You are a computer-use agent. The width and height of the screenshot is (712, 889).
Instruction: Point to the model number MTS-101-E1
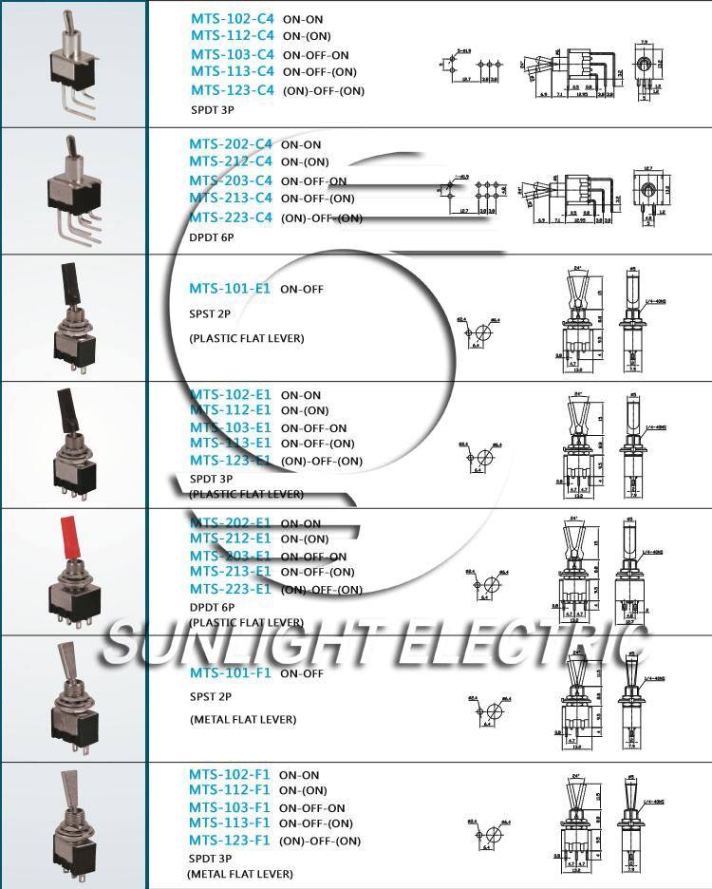pos(230,289)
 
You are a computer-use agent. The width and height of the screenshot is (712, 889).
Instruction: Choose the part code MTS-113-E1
pos(230,443)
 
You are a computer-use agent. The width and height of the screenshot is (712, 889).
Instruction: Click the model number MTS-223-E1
pos(230,589)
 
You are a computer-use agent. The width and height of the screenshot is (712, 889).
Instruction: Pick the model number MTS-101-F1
pos(230,673)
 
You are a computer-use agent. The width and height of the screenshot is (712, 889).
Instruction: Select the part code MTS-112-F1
pos(229,790)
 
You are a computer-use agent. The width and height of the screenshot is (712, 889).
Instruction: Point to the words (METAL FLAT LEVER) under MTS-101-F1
pos(242,719)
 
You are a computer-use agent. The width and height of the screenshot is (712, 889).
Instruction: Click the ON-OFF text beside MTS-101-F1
pos(301,673)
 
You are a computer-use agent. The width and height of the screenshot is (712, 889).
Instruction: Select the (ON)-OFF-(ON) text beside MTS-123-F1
pos(321,841)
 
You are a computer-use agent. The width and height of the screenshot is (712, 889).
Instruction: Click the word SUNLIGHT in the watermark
pos(237,646)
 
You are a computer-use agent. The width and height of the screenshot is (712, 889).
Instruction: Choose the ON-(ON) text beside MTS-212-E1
pos(304,539)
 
